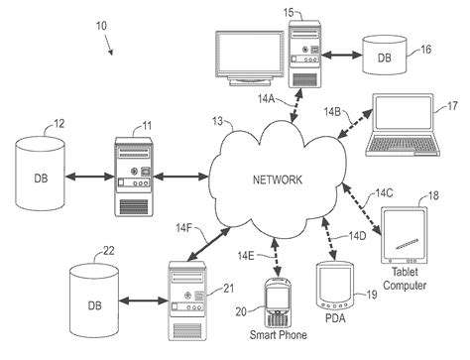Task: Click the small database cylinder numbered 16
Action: pyautogui.click(x=386, y=57)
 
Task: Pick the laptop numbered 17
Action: pyautogui.click(x=401, y=130)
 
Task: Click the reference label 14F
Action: pyautogui.click(x=186, y=227)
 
